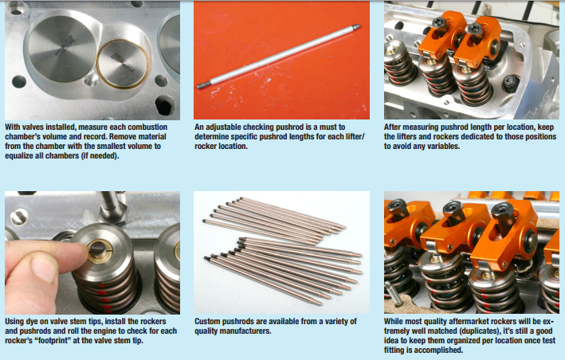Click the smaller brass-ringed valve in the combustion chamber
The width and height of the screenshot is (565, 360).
tap(123, 64)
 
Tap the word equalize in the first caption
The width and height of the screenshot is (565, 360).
tap(21, 156)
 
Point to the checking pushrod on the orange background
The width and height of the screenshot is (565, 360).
tap(278, 57)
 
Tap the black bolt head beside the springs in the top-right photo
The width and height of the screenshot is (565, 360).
tap(511, 84)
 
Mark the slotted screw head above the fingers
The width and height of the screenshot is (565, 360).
tap(19, 217)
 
